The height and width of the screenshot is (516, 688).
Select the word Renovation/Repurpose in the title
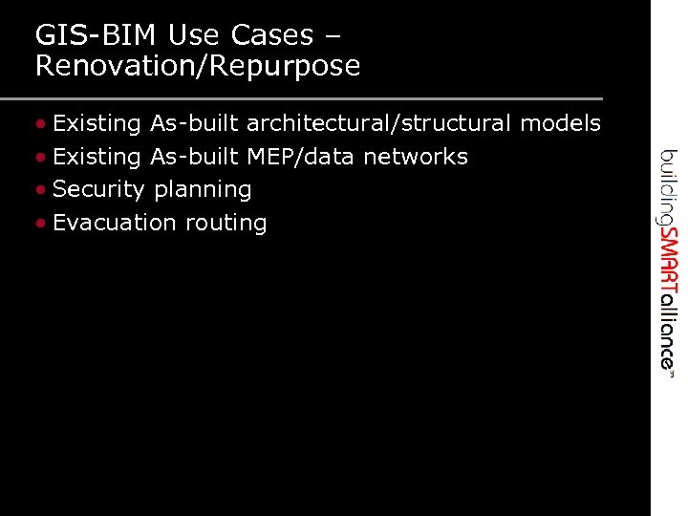(198, 66)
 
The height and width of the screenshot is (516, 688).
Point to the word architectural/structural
(379, 123)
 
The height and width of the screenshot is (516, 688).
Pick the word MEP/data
(300, 157)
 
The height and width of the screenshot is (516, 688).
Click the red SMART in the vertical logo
(668, 260)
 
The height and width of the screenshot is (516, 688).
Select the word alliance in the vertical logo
(668, 326)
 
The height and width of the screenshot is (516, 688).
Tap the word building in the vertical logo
(668, 186)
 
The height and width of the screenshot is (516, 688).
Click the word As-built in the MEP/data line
(194, 157)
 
